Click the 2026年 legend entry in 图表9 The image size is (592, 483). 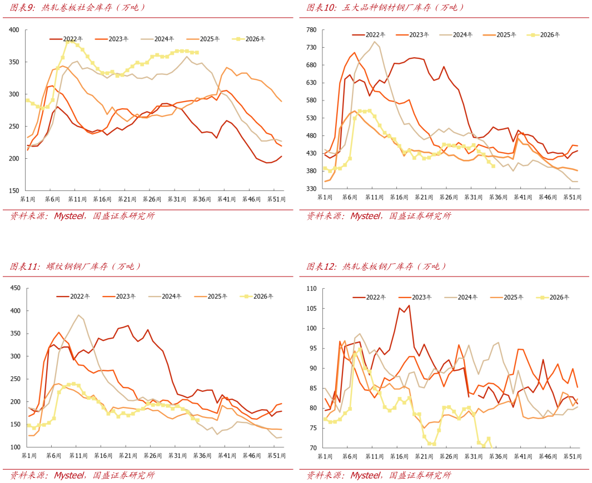pos(248,39)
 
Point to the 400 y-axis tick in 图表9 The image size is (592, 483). pos(14,30)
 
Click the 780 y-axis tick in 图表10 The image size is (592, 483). pos(311,30)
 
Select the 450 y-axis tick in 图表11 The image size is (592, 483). pos(16,288)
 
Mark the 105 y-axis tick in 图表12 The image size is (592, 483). pos(311,309)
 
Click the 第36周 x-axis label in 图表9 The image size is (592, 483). pos(202,199)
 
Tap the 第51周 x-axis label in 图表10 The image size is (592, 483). pos(573,197)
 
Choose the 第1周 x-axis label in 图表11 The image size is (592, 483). pos(29,456)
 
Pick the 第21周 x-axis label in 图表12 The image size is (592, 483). pos(424,456)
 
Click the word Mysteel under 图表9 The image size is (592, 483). pos(69,216)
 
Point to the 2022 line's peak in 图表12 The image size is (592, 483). pos(409,306)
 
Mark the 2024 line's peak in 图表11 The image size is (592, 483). pos(78,315)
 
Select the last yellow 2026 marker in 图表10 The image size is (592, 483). pos(493,167)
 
